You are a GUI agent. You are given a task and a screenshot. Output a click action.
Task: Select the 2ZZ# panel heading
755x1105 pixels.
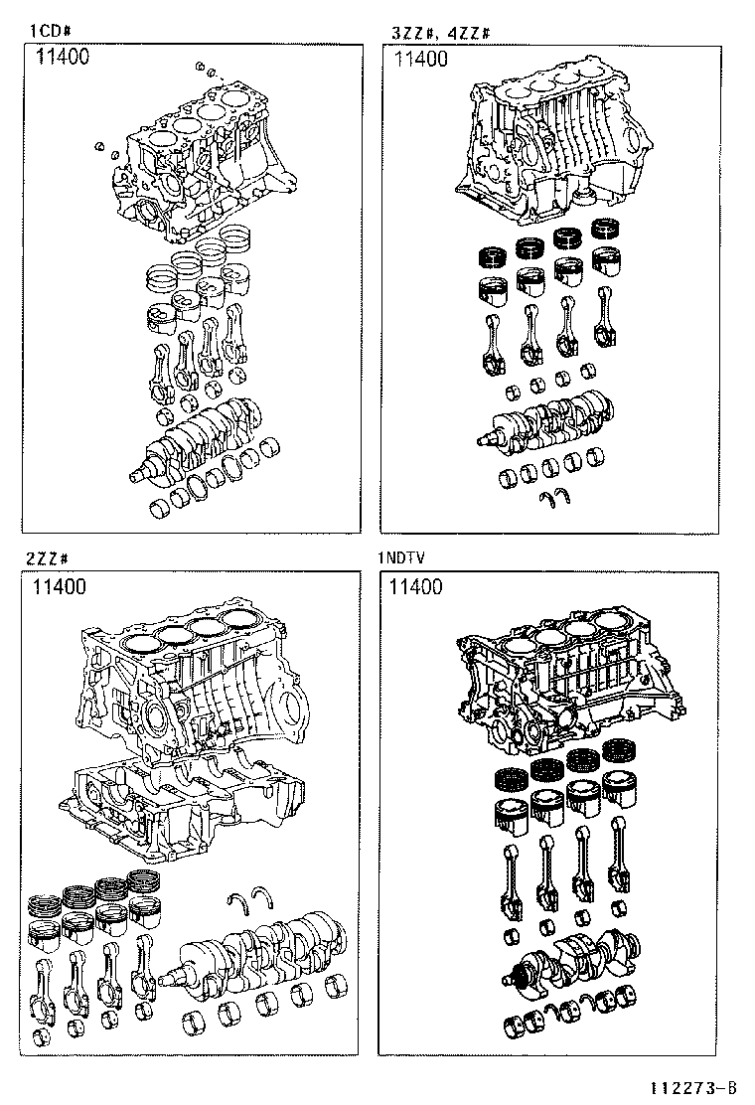[x=47, y=559]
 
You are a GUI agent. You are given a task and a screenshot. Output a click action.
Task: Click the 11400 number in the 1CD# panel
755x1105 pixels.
[x=63, y=57]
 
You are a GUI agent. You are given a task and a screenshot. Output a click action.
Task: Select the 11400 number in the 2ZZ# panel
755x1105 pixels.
[x=59, y=587]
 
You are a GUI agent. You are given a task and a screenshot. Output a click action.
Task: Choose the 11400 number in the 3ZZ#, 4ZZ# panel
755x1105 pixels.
[x=420, y=59]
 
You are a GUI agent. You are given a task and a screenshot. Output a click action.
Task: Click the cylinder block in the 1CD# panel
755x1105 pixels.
[x=199, y=169]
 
